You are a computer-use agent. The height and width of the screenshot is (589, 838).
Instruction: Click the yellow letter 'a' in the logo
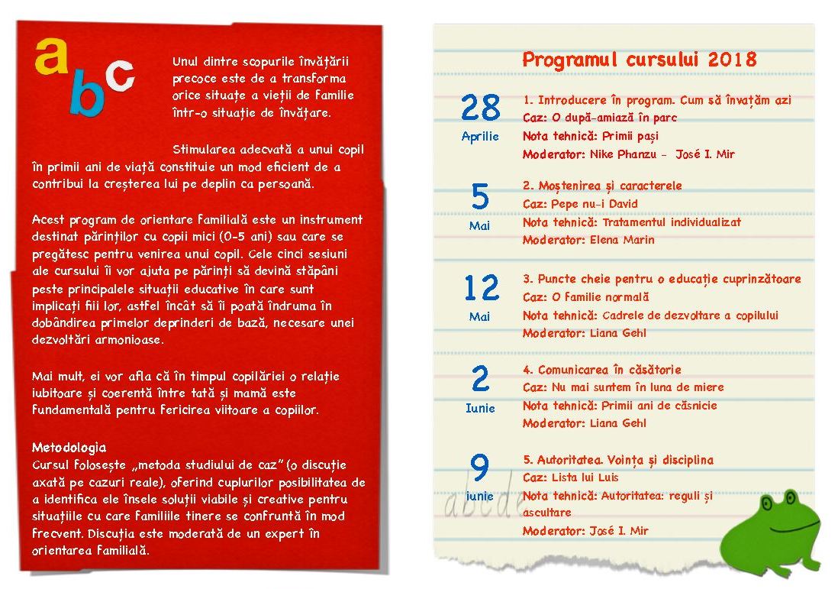[x=50, y=57]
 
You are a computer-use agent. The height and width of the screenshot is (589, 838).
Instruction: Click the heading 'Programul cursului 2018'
[x=640, y=60]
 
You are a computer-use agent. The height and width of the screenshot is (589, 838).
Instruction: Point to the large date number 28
[x=481, y=108]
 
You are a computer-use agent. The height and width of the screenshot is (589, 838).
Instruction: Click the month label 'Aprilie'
[x=480, y=137]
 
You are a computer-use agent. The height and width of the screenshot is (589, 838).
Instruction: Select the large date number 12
[x=481, y=289]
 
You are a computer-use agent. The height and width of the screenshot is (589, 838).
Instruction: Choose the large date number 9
[x=480, y=468]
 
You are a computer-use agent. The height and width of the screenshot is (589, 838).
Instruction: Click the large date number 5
[x=480, y=198]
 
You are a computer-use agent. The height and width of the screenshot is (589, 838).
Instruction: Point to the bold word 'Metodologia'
[x=69, y=448]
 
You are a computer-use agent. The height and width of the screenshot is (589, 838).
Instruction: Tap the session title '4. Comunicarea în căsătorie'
[x=601, y=370]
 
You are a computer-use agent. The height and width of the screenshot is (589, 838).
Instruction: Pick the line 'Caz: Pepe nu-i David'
[x=580, y=204]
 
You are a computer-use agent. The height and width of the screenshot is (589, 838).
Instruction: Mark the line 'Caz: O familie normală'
[x=585, y=297]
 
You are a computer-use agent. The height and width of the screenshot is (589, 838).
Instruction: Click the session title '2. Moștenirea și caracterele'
[x=602, y=186]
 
